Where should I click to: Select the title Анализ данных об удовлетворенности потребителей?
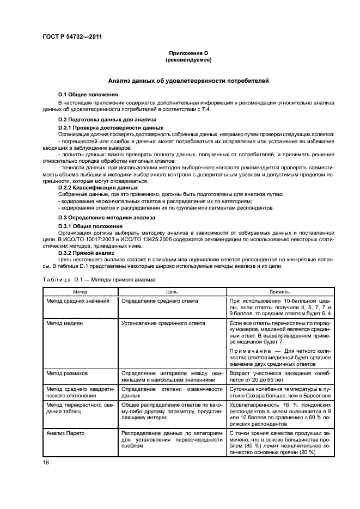coord(188,81)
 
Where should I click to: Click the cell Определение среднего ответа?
coord(159,301)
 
